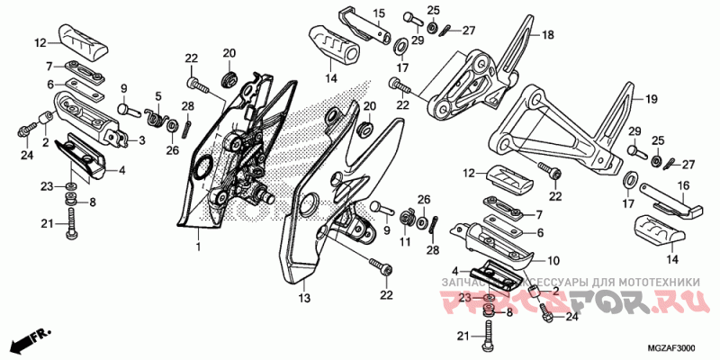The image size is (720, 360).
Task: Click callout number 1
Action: click(199, 244)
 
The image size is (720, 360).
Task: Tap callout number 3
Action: click(141, 140)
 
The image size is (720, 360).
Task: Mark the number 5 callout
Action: click(157, 96)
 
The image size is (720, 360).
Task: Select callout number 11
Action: click(404, 243)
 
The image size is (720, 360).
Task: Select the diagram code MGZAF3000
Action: click(676, 348)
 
